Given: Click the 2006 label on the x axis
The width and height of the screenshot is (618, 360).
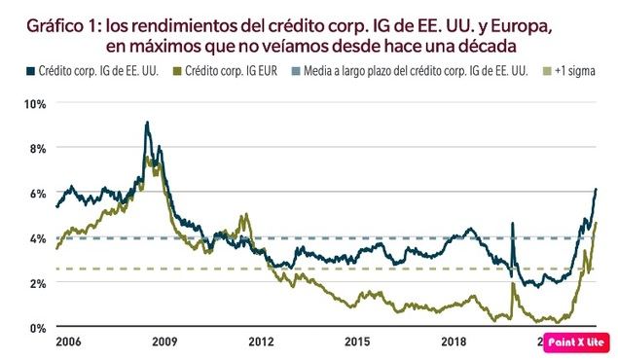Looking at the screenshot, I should [x=68, y=342].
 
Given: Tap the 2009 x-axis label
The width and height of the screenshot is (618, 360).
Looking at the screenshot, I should [x=164, y=342].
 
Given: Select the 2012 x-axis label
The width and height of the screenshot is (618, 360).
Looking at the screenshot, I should [x=261, y=342].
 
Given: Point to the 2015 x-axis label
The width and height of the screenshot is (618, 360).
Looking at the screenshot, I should [x=357, y=342].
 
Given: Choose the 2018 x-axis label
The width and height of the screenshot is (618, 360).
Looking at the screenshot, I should [x=454, y=342].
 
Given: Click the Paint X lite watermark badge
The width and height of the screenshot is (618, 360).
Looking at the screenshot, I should [x=578, y=342].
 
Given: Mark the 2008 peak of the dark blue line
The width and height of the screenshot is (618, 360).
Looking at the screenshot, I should [x=146, y=123].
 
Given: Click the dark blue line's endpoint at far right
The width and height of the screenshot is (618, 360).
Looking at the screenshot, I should [x=596, y=189].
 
